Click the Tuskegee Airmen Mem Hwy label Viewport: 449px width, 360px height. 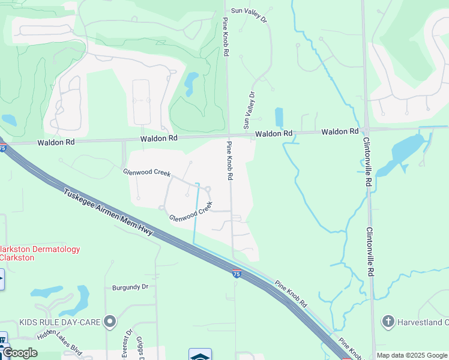click(108, 214)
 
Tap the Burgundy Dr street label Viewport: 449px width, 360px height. click(130, 287)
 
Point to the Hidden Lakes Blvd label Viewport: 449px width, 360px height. click(59, 343)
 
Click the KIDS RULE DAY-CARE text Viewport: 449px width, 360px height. click(59, 322)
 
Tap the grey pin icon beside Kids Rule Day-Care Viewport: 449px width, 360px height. click(109, 322)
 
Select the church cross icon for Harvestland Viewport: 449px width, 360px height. click(388, 322)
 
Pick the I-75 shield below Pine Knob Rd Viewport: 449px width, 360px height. click(237, 274)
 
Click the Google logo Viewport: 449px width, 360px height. click(19, 353)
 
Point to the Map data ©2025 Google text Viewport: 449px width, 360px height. click(411, 355)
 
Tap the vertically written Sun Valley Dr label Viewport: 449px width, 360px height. click(249, 110)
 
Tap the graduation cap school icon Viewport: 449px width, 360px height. click(200, 355)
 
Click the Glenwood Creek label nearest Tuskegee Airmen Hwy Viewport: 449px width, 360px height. click(191, 212)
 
